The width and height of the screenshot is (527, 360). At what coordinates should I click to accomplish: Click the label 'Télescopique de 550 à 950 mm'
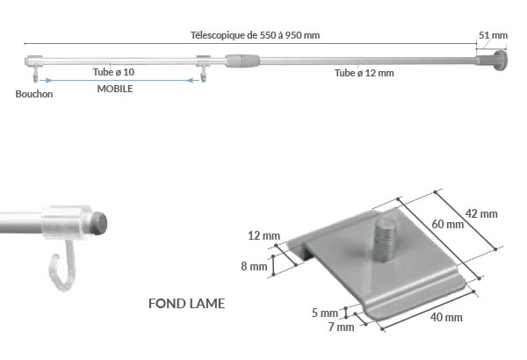tap(255, 35)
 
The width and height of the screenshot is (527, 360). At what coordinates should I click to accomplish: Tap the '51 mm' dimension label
tap(493, 35)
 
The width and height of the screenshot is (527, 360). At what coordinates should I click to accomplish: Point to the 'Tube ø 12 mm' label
tap(364, 73)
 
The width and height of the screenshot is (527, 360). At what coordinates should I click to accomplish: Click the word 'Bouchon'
tap(34, 95)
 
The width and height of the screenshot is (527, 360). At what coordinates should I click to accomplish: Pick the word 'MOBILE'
tap(115, 90)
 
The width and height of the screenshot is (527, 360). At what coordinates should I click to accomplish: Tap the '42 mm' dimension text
tap(481, 214)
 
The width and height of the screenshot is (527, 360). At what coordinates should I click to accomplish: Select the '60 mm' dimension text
tap(449, 224)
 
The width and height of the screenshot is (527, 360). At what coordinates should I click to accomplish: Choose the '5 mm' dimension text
tap(324, 313)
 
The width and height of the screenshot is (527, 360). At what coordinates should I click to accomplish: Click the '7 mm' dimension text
tap(342, 328)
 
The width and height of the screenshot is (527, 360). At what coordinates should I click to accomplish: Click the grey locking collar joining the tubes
tap(242, 61)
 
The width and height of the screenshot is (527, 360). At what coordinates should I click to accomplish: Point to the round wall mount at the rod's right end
tap(501, 61)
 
